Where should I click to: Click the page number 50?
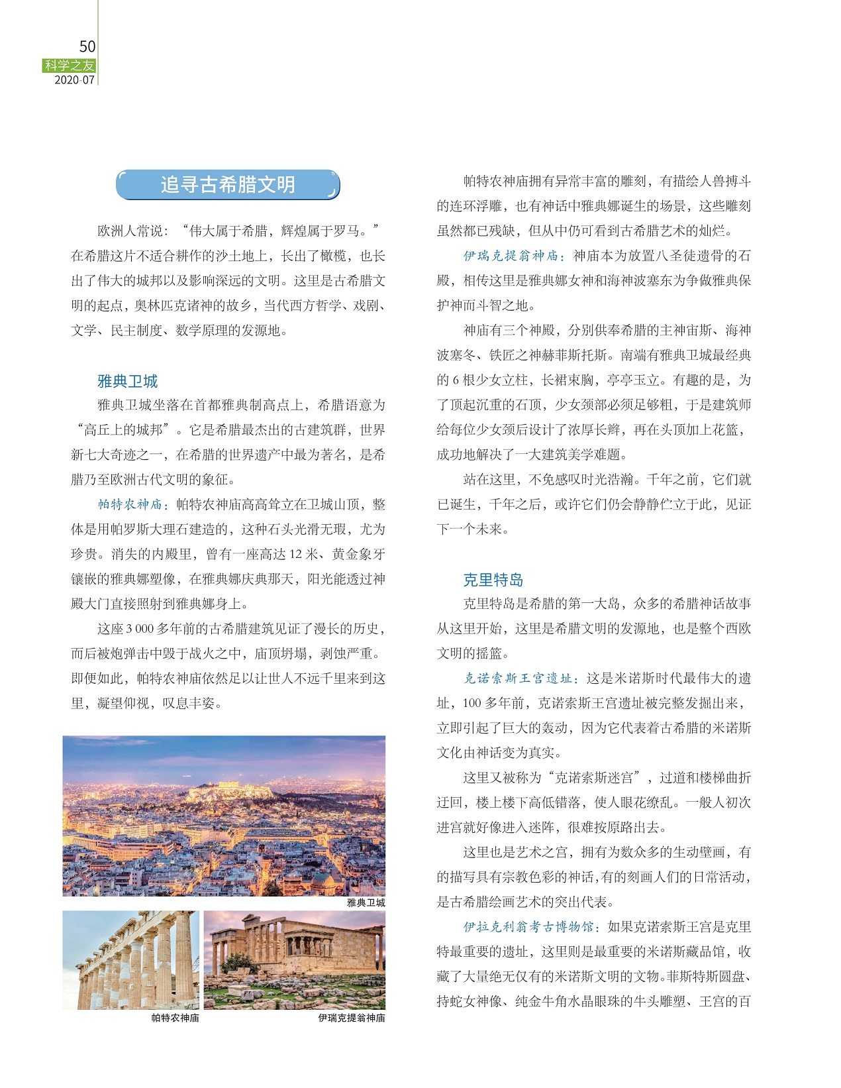click(87, 46)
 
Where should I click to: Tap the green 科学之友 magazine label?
click(70, 66)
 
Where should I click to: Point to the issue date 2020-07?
click(74, 80)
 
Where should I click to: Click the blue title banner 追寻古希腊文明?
click(227, 185)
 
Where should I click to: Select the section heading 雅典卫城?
click(127, 381)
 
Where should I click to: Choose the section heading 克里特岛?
click(493, 580)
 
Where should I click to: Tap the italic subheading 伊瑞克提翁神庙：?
click(514, 256)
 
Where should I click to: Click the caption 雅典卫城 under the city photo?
click(366, 902)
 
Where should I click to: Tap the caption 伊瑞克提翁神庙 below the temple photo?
click(351, 1018)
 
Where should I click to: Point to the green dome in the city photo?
click(322, 880)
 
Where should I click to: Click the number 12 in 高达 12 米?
click(295, 554)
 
